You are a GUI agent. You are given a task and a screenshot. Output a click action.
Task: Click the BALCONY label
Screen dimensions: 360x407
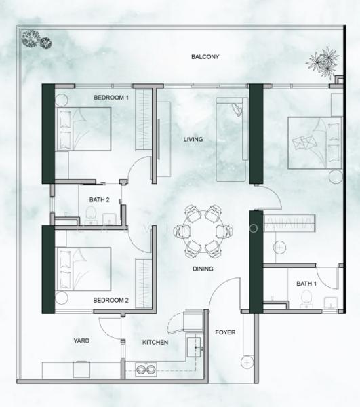point(205,56)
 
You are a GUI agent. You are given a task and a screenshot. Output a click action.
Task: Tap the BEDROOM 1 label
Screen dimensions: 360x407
point(111,98)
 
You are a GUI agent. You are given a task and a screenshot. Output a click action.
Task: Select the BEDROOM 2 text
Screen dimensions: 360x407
point(111,301)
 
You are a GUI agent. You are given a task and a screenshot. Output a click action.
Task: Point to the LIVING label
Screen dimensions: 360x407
point(193,139)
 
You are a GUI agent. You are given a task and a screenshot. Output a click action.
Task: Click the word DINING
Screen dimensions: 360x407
point(203,269)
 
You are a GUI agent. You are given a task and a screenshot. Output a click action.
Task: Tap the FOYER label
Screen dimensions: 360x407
point(225,332)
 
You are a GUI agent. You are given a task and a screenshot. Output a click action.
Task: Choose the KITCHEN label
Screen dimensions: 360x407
point(155,343)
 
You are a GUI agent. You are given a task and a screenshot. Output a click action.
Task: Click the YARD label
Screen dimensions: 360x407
point(81,341)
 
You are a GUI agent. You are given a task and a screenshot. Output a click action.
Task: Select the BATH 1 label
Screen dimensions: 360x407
point(306,284)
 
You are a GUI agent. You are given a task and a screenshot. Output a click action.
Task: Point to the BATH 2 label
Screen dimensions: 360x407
point(100,200)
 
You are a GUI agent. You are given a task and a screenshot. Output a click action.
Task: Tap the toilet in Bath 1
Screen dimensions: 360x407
point(306,298)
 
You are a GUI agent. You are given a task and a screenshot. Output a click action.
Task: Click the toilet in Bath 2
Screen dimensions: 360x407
point(91,215)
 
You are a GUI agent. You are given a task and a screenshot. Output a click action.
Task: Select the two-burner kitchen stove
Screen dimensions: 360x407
point(146,370)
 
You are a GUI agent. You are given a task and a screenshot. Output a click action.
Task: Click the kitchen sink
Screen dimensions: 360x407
point(194,347)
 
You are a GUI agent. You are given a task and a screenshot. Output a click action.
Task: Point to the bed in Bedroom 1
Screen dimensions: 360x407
point(84,129)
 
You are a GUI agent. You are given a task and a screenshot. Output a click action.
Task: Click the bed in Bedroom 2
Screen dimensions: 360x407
point(84,269)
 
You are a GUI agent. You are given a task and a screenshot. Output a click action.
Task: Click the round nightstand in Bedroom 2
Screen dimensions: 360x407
point(62,298)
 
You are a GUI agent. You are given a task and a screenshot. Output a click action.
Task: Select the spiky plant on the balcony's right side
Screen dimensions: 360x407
point(323,62)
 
